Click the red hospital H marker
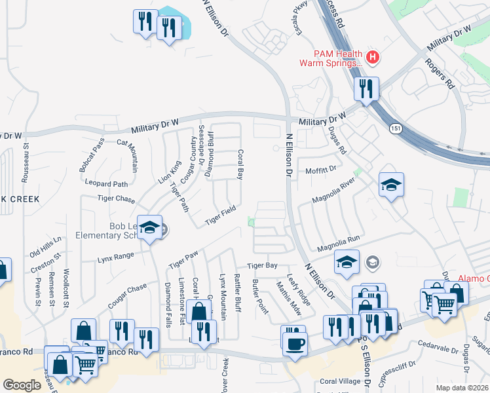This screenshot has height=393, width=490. point(373,58)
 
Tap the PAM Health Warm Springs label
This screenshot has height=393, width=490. point(331,58)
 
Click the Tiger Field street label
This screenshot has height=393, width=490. point(220,215)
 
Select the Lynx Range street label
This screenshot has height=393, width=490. point(115,256)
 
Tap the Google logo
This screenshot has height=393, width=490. point(22,384)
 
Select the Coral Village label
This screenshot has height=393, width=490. point(340,381)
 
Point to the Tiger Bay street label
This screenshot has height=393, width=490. point(262,265)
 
